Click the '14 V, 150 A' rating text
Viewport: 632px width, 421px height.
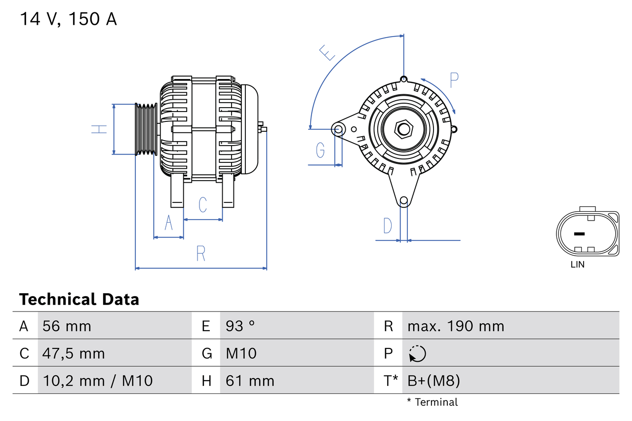click(68, 19)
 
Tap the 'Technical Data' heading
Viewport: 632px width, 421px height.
click(79, 300)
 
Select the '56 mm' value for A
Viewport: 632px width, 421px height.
click(67, 326)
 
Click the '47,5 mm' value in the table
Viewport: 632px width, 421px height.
click(74, 353)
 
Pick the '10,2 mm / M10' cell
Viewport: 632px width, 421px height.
click(97, 381)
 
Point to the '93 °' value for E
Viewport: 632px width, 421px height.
click(240, 326)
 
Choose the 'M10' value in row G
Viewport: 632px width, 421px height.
click(241, 353)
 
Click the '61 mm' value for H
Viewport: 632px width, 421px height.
click(249, 381)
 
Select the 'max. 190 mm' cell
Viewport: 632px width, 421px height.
click(455, 326)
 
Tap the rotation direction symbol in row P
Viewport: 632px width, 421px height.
click(417, 353)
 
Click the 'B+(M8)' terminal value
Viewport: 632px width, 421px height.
click(433, 381)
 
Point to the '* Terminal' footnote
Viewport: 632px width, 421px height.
click(432, 402)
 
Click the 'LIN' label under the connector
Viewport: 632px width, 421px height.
click(577, 265)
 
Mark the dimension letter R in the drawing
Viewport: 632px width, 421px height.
click(200, 253)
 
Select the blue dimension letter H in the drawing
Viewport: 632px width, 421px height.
click(99, 129)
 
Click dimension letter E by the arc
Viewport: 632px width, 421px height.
click(327, 52)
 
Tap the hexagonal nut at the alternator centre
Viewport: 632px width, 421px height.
click(404, 129)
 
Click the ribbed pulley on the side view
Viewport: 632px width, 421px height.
click(146, 129)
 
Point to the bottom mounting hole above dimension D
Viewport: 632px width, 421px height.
click(404, 200)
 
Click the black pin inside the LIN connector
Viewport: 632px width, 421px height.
click(579, 233)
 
